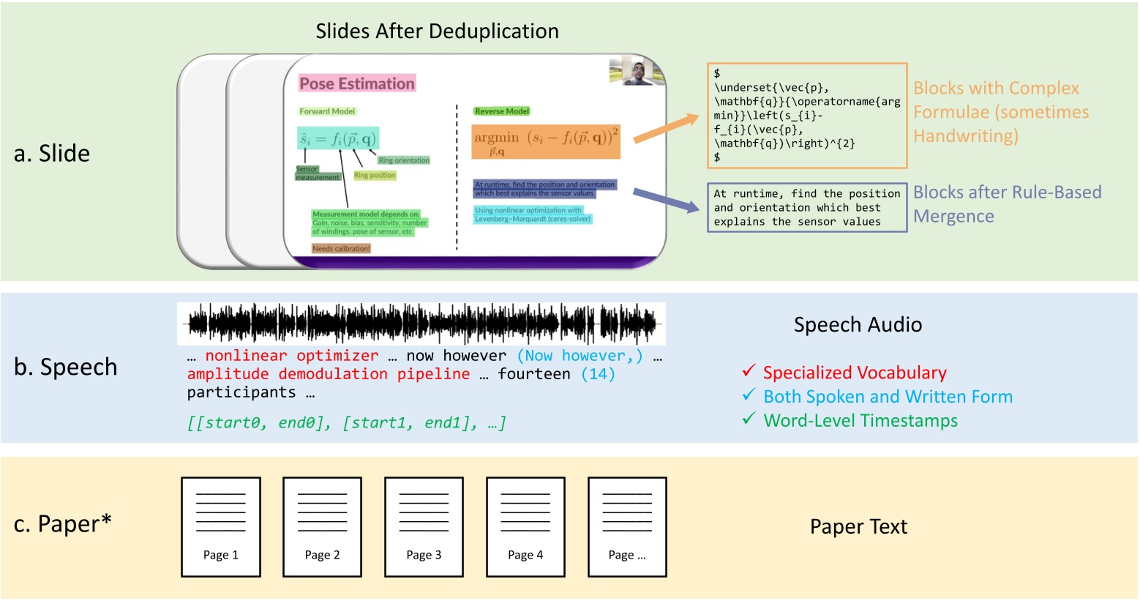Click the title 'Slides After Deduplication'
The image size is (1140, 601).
pos(437,31)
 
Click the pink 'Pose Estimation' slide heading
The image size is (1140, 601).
pos(357,83)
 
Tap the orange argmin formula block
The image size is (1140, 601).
pos(546,141)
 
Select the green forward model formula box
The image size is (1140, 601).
pos(337,138)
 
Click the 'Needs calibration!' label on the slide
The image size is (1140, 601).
pos(341,249)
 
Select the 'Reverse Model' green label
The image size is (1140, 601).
pos(501,111)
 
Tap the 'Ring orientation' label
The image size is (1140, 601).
pos(404,160)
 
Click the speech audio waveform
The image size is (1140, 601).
pos(421,324)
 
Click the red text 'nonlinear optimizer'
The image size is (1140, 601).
pos(291,356)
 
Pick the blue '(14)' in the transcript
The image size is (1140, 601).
pos(598,374)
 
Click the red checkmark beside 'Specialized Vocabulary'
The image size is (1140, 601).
pos(748,371)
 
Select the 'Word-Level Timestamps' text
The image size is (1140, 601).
pos(860,421)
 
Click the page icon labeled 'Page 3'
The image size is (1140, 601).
pos(424,526)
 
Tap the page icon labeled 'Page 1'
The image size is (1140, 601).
pos(221,526)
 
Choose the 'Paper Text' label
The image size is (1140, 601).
pos(858,526)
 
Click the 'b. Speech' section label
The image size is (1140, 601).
pos(66,367)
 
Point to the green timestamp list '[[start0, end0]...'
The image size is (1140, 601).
pos(346,422)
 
